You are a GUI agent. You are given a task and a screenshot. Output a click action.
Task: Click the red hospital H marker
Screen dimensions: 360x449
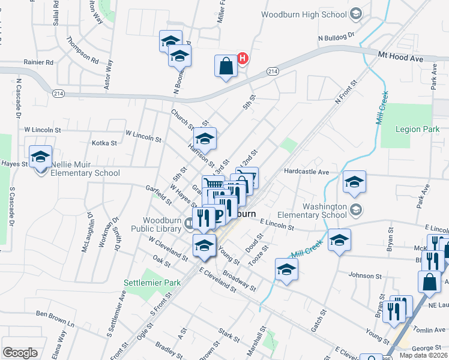(x=243, y=58)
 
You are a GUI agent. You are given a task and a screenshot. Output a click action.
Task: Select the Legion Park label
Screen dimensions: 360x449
(x=418, y=129)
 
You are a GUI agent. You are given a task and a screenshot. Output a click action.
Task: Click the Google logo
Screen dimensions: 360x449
(x=20, y=352)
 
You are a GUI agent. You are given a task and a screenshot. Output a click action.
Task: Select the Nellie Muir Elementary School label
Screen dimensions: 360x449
(x=86, y=169)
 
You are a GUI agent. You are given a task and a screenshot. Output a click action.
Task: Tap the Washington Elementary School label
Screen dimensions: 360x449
(x=325, y=211)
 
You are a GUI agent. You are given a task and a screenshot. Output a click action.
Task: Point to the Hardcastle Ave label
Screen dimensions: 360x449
(x=307, y=172)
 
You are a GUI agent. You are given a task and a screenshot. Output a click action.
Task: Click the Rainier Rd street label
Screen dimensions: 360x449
(x=39, y=62)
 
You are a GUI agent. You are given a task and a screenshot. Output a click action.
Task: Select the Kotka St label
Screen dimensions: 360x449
(x=104, y=143)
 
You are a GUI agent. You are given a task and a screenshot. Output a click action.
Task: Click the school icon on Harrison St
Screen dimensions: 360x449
(x=205, y=139)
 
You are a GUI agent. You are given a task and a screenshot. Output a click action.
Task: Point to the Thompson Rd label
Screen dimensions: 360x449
(x=83, y=50)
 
